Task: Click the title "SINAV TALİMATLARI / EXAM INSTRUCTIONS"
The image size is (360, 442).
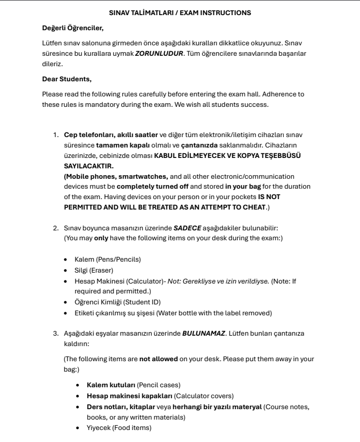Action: pyautogui.click(x=179, y=12)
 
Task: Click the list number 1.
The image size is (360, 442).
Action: pyautogui.click(x=55, y=136)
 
